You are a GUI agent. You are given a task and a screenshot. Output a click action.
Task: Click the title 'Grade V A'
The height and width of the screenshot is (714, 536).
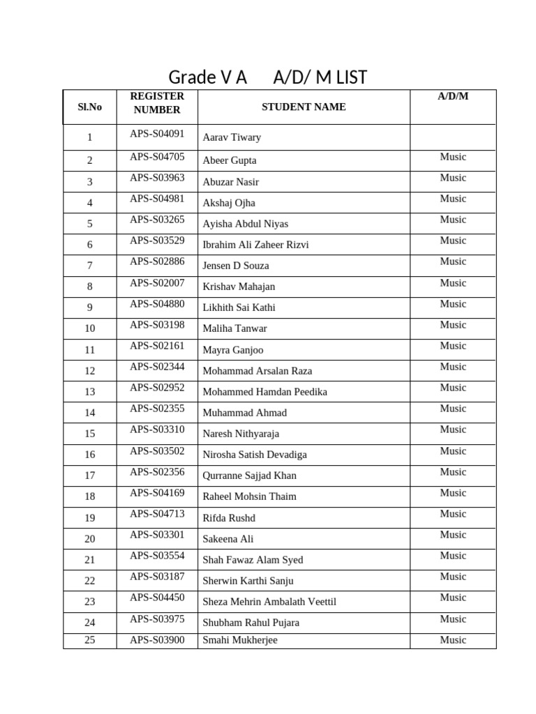208,77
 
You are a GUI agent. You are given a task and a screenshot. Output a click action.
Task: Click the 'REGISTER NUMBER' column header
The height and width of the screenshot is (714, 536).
157,102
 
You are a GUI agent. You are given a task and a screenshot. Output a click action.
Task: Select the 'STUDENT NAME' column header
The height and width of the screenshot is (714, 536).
304,107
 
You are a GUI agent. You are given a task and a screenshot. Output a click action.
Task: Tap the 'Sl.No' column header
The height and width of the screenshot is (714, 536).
89,107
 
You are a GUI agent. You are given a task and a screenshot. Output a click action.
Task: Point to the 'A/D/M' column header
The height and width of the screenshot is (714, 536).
453,96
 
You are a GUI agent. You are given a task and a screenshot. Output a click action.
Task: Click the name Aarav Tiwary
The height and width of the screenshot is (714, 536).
232,137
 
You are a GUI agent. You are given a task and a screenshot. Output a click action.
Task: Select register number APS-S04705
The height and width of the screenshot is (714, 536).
157,157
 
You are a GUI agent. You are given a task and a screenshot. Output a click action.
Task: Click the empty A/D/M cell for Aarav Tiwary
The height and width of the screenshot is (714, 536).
453,137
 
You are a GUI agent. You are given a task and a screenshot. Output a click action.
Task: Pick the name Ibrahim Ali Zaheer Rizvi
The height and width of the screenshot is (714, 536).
255,245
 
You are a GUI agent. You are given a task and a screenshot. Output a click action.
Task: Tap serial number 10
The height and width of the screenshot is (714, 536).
89,328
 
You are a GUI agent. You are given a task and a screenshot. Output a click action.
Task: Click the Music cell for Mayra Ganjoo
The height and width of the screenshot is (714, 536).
453,346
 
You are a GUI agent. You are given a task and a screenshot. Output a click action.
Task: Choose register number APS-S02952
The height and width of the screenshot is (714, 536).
157,388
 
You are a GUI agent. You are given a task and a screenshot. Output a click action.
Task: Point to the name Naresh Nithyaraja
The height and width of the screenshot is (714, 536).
241,434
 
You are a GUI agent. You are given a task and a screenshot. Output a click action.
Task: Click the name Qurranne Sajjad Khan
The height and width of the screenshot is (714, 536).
249,476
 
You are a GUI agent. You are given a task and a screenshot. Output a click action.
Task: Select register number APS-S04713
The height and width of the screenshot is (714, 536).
157,514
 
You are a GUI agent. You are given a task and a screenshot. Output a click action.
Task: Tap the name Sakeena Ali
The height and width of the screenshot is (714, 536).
228,539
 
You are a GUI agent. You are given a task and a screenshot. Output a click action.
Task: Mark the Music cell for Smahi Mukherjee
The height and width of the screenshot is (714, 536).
453,640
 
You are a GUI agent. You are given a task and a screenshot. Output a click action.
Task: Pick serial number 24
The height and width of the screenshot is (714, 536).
89,623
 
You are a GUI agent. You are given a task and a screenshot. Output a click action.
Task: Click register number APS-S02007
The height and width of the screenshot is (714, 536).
157,283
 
